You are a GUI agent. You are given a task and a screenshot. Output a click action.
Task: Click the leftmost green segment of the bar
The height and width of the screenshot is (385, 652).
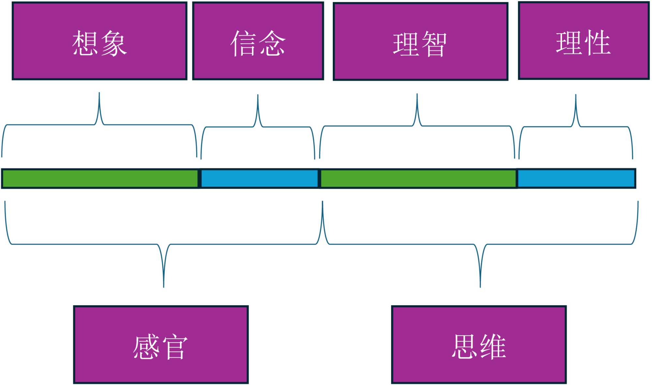(100, 178)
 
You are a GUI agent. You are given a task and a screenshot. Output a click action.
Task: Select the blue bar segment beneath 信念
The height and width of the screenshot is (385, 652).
(259, 178)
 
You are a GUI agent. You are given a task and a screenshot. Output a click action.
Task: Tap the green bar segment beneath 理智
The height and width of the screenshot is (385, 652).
(418, 178)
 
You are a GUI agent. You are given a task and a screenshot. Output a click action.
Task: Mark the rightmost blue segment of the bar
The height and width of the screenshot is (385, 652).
(576, 178)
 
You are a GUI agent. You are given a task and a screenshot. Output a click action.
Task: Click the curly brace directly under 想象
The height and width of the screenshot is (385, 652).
(99, 124)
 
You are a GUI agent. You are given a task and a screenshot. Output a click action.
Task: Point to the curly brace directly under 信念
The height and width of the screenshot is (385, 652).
(258, 127)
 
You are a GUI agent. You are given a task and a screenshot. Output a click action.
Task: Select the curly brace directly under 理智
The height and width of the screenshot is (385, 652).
(417, 126)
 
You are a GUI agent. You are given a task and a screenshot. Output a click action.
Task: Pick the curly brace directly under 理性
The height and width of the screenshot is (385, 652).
(576, 126)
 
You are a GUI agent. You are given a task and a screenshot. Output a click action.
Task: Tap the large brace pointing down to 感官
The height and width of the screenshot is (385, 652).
(164, 244)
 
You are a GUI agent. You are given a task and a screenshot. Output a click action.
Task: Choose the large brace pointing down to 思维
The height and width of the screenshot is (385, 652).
(480, 244)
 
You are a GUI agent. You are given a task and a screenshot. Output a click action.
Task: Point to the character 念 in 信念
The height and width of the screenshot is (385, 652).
(272, 43)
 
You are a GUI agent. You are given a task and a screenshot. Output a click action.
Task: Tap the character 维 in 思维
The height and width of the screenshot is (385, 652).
(493, 347)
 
